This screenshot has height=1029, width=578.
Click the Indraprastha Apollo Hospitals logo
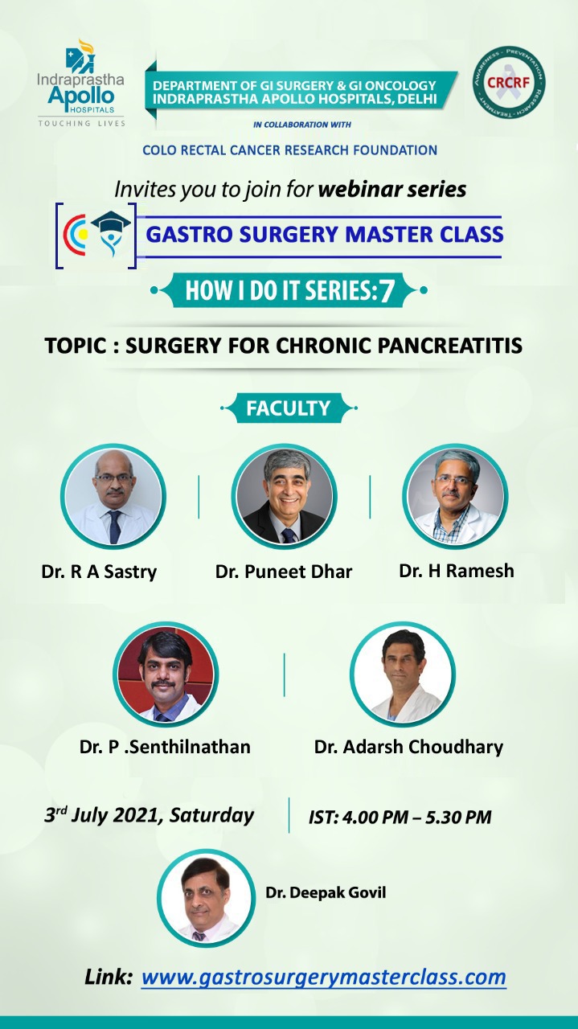[81, 83]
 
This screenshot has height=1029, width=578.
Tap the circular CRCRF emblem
[509, 82]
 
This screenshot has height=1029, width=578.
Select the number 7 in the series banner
[386, 291]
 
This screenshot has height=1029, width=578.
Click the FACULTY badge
[289, 408]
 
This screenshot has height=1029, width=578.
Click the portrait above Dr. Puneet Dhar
[285, 497]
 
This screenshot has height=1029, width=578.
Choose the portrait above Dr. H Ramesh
[455, 497]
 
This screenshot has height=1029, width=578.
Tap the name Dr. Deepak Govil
[326, 892]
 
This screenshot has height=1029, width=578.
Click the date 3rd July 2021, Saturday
[149, 815]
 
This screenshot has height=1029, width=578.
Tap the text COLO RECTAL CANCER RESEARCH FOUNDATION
[290, 150]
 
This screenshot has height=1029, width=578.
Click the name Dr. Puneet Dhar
[284, 572]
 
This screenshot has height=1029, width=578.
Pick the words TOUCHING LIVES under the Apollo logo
[82, 123]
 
